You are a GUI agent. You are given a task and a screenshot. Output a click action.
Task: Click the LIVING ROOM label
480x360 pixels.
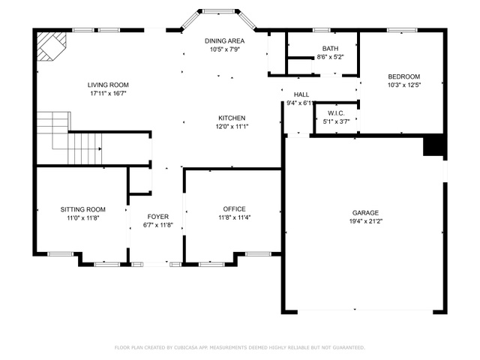[x=108, y=85]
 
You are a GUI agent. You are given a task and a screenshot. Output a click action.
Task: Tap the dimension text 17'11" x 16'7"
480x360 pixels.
[x=108, y=93]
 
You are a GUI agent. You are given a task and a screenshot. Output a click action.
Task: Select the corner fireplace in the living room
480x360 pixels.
[x=52, y=46]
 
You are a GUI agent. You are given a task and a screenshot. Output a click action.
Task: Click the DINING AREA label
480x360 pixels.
[x=224, y=40]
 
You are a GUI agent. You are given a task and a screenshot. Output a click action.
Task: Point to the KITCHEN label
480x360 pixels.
[x=232, y=118]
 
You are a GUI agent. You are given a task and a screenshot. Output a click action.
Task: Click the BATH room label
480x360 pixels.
[x=330, y=48]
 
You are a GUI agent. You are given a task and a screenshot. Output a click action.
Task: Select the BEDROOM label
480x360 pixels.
[x=403, y=76]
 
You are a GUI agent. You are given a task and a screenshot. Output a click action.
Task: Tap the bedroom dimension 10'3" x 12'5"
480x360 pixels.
[x=404, y=85]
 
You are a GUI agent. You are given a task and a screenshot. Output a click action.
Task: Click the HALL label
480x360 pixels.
[x=301, y=94]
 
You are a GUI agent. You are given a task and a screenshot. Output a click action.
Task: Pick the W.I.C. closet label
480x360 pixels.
[x=336, y=113]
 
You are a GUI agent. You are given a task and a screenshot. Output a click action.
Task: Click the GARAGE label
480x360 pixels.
[x=365, y=213]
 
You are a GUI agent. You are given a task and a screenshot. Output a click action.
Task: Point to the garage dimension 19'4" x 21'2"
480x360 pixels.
[x=366, y=221]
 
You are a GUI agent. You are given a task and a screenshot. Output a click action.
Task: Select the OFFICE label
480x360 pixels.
[x=234, y=209]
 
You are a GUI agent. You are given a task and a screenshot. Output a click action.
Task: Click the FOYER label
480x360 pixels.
[x=158, y=217]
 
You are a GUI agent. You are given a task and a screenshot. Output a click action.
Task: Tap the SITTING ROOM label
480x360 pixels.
[x=83, y=210]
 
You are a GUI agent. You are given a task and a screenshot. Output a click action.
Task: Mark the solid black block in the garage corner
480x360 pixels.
[x=433, y=145]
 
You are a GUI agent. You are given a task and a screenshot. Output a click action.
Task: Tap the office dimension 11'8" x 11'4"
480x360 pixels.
[x=235, y=217]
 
